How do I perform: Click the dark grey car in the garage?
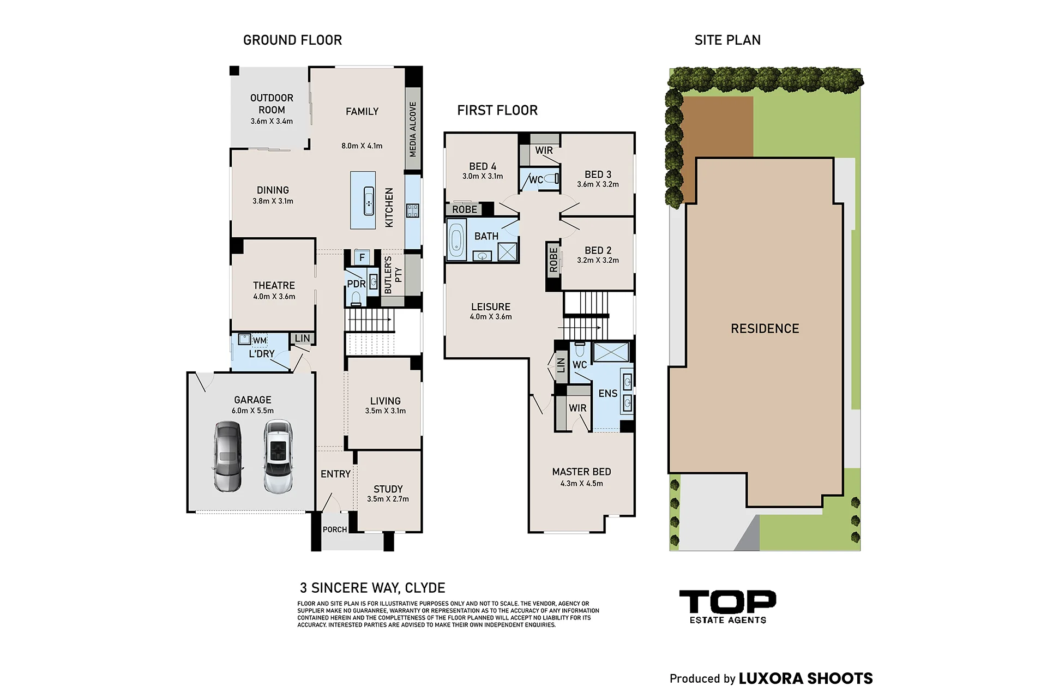click(227, 456)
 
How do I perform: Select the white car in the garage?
click(278, 456)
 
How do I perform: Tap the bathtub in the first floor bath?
click(456, 240)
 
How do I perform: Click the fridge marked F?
click(362, 257)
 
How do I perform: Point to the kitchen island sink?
click(369, 201)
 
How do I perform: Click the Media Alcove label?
click(413, 129)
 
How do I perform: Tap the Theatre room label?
click(274, 285)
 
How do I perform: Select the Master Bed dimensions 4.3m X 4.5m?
click(582, 483)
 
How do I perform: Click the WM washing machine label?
click(260, 341)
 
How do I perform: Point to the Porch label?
click(335, 529)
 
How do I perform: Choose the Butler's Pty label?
click(393, 275)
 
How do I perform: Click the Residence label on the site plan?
click(765, 328)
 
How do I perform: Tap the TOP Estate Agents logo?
click(727, 607)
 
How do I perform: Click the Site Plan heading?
click(727, 40)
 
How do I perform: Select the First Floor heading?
click(497, 110)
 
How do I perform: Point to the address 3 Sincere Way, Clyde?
click(372, 588)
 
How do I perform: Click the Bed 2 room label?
click(598, 250)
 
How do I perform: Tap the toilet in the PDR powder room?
click(356, 297)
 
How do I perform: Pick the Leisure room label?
click(491, 306)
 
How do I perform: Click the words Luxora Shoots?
click(806, 678)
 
